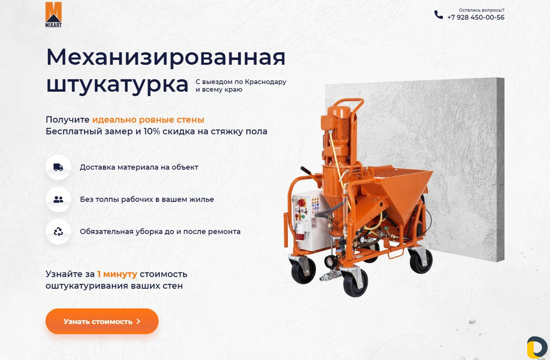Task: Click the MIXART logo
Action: pyautogui.click(x=54, y=15)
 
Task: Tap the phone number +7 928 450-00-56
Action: pyautogui.click(x=476, y=18)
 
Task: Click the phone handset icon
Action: pyautogui.click(x=439, y=15)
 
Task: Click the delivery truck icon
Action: pyautogui.click(x=58, y=167)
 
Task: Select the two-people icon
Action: pyautogui.click(x=58, y=199)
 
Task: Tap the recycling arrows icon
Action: pyautogui.click(x=58, y=232)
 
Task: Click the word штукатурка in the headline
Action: pyautogui.click(x=117, y=85)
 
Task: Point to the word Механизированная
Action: pyautogui.click(x=166, y=57)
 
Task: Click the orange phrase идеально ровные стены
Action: pyautogui.click(x=148, y=120)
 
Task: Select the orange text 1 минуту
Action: pyautogui.click(x=117, y=274)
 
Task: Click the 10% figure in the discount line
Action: pyautogui.click(x=152, y=131)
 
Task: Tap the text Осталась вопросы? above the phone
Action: pyautogui.click(x=482, y=10)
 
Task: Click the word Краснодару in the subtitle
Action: pyautogui.click(x=266, y=82)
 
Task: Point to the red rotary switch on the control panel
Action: pyautogui.click(x=301, y=203)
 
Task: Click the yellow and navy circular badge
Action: pyautogui.click(x=537, y=348)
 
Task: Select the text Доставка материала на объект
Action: pyautogui.click(x=139, y=168)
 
